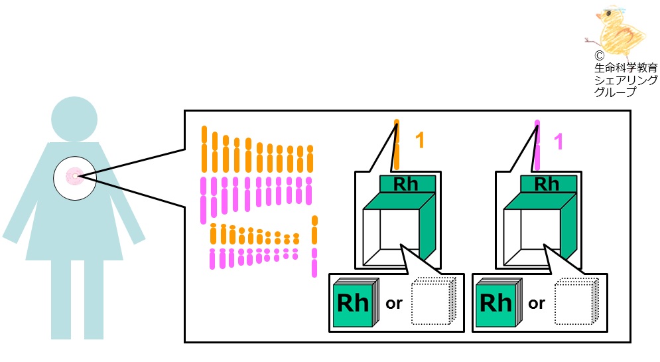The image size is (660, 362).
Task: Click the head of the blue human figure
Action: tap(74, 120)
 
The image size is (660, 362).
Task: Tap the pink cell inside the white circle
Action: tap(74, 177)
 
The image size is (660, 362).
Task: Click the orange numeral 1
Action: tap(419, 140)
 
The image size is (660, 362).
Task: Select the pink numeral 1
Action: tap(558, 141)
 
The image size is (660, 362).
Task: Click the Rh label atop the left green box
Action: tap(406, 184)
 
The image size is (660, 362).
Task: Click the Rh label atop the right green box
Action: tap(547, 184)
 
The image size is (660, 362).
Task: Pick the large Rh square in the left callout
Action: tap(354, 304)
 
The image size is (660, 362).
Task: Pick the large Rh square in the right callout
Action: tap(496, 304)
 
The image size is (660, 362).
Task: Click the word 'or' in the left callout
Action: tap(394, 304)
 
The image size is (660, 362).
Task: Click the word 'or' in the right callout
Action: tap(537, 304)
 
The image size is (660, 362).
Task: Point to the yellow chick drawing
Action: tap(617, 32)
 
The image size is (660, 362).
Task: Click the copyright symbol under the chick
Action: tap(599, 55)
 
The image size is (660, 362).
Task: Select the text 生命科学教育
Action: tap(626, 68)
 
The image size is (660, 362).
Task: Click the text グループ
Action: tap(615, 92)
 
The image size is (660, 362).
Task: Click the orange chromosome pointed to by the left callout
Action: tap(396, 145)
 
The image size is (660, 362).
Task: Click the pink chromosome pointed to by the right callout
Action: tap(537, 145)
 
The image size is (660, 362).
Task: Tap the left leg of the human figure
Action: tap(61, 299)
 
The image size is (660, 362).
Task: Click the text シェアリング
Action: tap(626, 80)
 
